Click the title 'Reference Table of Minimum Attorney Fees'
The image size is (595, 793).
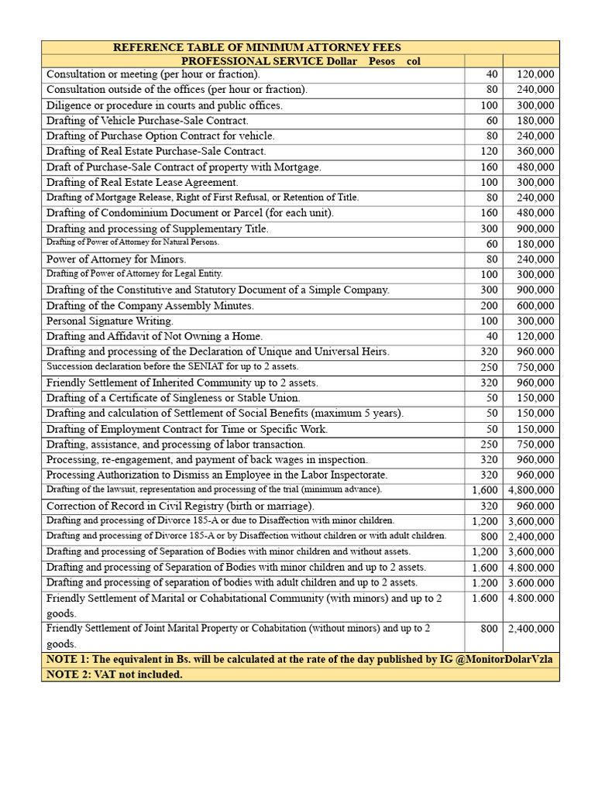(x=256, y=48)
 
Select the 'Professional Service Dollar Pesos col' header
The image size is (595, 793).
(x=301, y=61)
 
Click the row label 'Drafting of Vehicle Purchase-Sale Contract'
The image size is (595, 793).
(x=147, y=121)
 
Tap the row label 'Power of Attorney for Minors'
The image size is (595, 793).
(x=116, y=259)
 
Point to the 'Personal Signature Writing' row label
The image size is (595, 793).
(x=110, y=321)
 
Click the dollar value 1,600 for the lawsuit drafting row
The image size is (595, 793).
(x=485, y=490)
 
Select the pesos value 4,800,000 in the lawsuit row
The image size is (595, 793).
(x=531, y=490)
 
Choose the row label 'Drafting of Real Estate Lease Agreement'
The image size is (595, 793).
(x=143, y=182)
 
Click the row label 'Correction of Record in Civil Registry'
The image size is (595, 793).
(x=180, y=506)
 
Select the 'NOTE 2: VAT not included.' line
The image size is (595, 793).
(x=115, y=675)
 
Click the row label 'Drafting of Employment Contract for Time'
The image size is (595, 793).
(x=187, y=429)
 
